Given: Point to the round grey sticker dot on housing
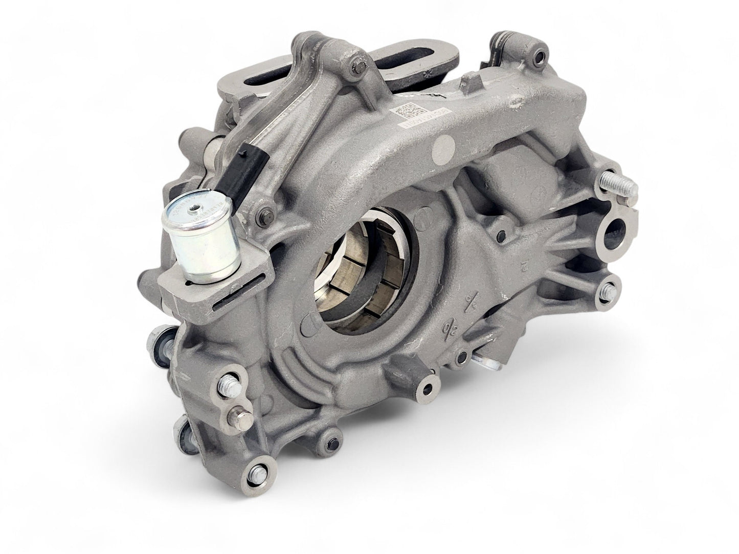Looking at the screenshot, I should coord(443,148).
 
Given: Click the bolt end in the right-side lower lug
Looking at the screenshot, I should coord(608,293).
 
